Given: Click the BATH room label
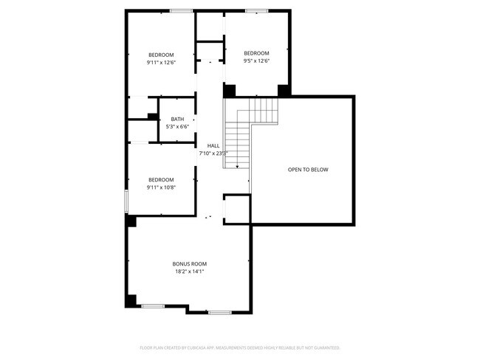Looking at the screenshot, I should (177, 119).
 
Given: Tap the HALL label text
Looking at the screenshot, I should (213, 145).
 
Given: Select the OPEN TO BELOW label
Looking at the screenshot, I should (308, 170).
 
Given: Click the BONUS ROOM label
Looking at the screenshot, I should (189, 263).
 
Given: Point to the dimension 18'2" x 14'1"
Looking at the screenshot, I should (189, 271).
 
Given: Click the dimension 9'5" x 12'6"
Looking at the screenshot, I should (256, 60).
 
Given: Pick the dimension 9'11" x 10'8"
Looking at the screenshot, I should (160, 187).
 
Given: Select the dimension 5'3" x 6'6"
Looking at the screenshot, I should (177, 127).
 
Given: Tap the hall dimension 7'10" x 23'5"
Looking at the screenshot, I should (213, 153).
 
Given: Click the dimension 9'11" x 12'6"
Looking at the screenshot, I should (161, 63).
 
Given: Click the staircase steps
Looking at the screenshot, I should (238, 140).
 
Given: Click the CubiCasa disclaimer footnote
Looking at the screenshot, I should (239, 347).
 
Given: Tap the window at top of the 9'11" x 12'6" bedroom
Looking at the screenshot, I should (181, 10).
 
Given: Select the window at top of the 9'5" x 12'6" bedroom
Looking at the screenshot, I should (256, 10).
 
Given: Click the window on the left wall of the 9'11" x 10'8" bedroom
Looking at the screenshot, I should (126, 200).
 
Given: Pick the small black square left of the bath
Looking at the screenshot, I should (151, 116).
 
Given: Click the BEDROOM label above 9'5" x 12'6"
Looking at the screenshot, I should (256, 52).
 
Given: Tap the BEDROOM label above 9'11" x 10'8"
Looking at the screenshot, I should (160, 179).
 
